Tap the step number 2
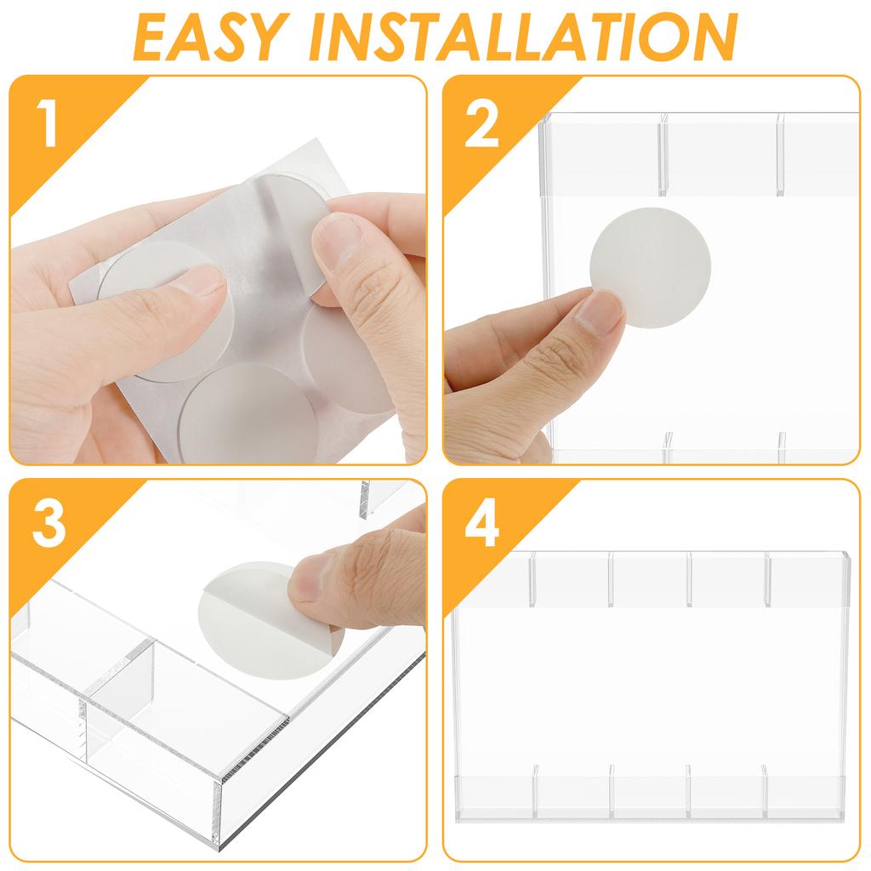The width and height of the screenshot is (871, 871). (481, 125)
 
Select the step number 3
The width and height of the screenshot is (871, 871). (48, 527)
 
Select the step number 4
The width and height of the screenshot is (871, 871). (482, 527)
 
